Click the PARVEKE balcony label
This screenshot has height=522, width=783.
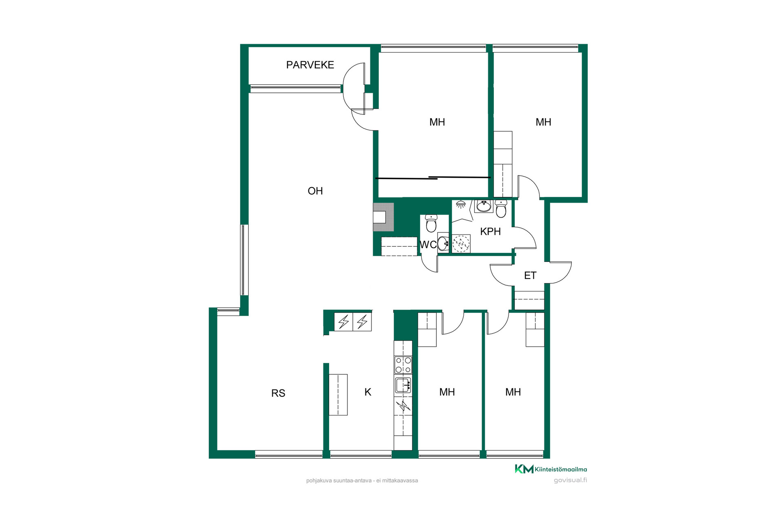coord(310,65)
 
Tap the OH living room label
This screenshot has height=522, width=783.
coord(315,191)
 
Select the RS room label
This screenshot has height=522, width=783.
coord(278,393)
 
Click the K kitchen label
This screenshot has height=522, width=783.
coord(368,392)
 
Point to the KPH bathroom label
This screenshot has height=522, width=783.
coord(490,231)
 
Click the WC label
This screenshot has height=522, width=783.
coord(428,245)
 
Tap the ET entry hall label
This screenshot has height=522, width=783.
coord(530,276)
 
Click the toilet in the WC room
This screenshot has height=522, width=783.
coord(431,223)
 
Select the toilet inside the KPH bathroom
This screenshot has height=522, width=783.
coord(501,208)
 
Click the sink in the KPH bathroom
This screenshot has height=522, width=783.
coord(484,206)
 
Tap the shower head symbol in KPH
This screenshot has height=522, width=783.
coord(461,204)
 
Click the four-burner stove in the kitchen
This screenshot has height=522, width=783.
coord(403,365)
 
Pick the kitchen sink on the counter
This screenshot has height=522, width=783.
coord(403,385)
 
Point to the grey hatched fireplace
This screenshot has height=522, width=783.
coord(383,217)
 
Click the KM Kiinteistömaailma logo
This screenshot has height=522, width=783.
coord(551,469)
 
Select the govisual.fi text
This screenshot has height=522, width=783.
coord(570,480)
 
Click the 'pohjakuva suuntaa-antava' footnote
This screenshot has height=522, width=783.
coord(362,480)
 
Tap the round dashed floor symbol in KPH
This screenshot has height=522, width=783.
coord(461,244)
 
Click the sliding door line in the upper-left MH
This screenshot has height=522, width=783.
coord(433,178)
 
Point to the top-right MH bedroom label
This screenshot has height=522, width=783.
coord(543,122)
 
